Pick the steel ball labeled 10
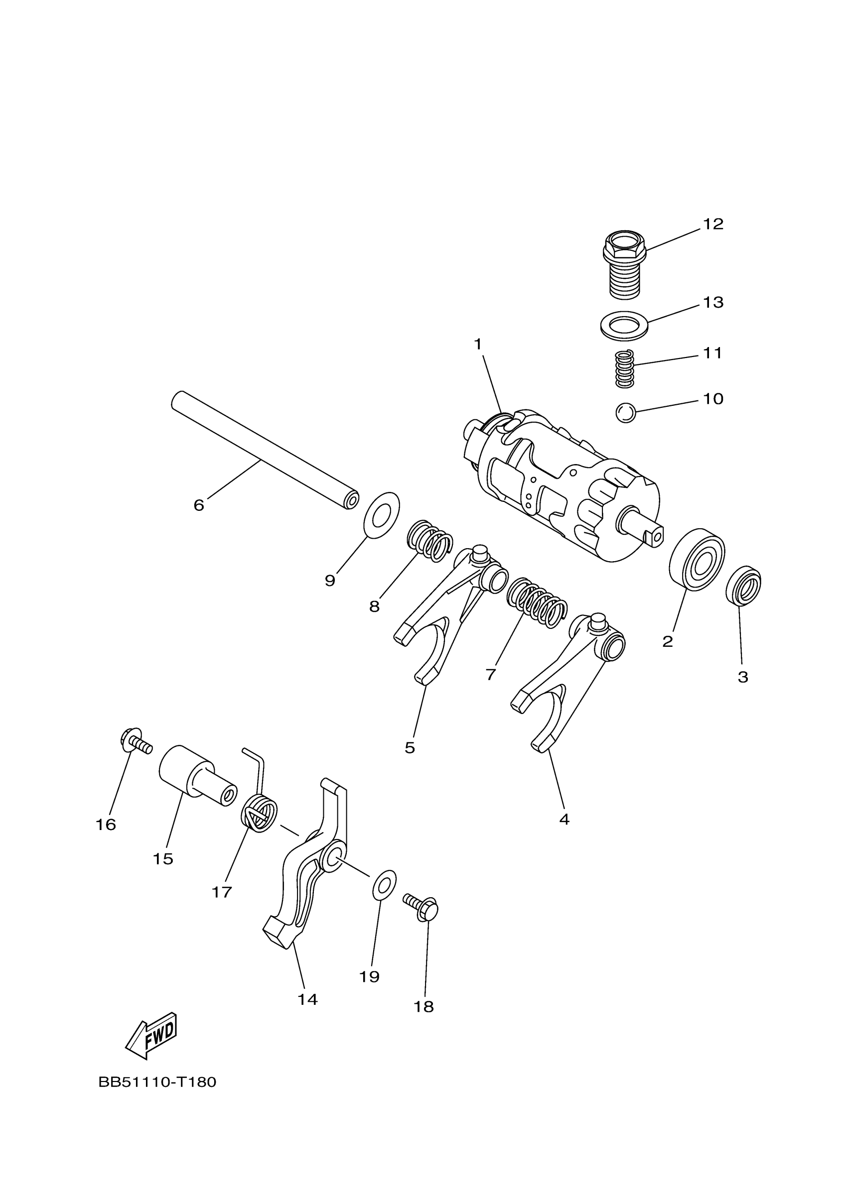coord(625,413)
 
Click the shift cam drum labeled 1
coord(564,485)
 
